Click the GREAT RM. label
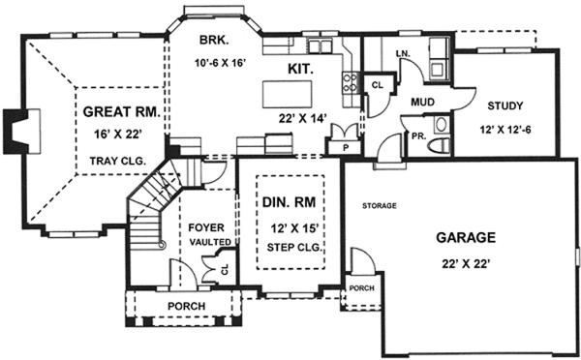pos(120,111)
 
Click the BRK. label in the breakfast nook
pos(213,41)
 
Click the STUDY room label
pos(505,106)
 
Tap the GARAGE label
pos(465,236)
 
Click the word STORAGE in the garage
pos(379,206)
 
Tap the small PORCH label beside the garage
pos(360,287)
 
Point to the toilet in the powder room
pos(441,124)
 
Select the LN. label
pos(403,51)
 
